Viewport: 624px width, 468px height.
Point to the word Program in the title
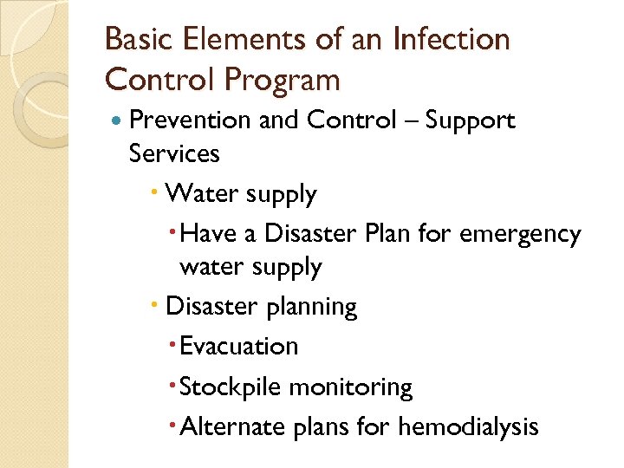coord(282,80)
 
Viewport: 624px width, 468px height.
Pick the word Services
coord(173,153)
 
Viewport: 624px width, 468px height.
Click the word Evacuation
coord(238,346)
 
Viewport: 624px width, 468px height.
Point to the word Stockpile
coord(231,387)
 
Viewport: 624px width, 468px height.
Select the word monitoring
coord(350,387)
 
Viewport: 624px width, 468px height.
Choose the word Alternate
coord(230,426)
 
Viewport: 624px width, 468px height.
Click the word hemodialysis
coord(468,427)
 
